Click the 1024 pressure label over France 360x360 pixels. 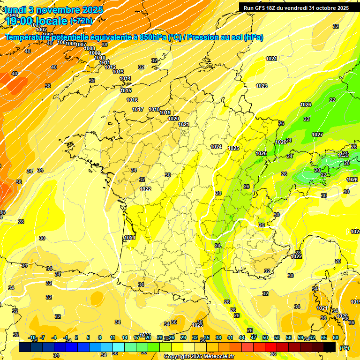(216, 147)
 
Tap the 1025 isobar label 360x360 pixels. (233, 149)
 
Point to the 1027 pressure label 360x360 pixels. (317, 135)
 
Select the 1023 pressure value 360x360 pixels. (262, 86)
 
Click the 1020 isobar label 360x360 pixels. (173, 119)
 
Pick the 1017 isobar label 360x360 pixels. (138, 109)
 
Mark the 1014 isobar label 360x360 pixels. (125, 78)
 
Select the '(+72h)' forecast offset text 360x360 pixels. (81, 21)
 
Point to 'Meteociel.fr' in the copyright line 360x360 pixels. (218, 357)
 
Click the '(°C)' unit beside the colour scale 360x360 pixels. (344, 348)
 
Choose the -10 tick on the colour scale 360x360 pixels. (32, 337)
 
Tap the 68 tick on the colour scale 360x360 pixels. (336, 337)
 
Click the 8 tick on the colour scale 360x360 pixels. (100, 337)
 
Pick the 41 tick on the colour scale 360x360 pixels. (230, 337)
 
